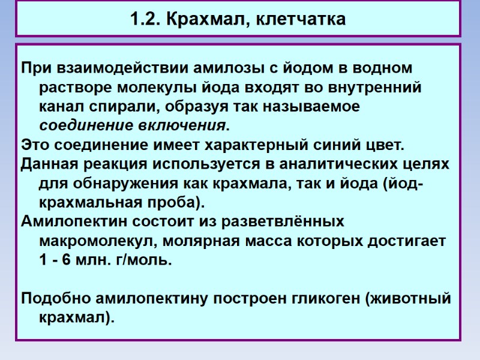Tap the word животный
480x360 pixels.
(x=418, y=299)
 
